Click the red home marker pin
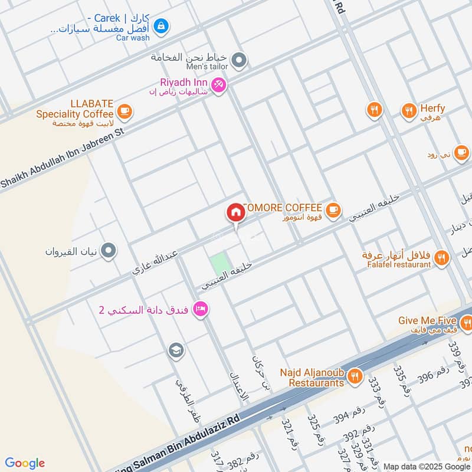point(235,213)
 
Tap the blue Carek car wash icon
point(160,26)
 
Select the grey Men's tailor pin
point(238,60)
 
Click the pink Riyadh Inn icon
point(219,86)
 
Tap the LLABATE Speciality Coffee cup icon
point(124,110)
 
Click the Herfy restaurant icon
point(408,110)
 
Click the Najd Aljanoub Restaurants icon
point(355,376)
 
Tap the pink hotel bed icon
point(201,309)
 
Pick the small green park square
point(219,263)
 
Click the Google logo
point(25,463)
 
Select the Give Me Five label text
point(427,320)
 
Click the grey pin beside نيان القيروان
point(109,251)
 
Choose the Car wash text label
point(133,37)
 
